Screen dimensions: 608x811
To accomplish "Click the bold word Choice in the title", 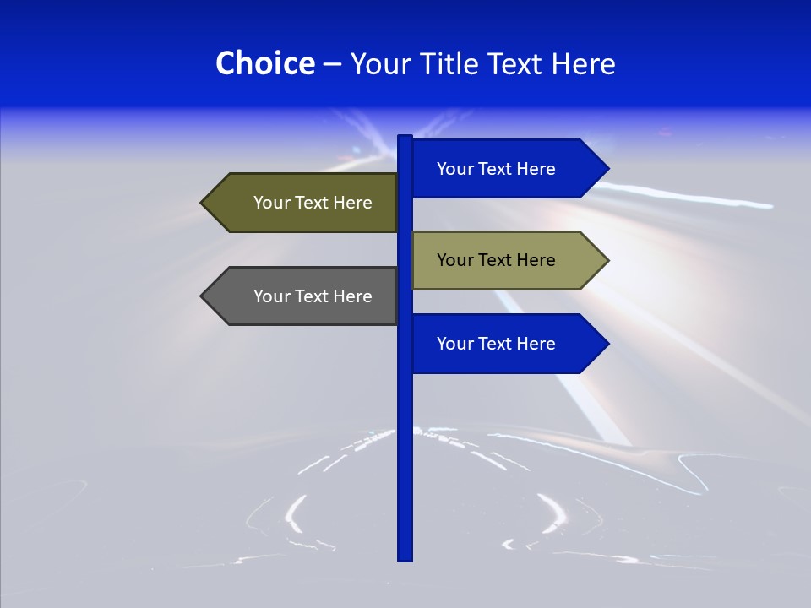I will (264, 63).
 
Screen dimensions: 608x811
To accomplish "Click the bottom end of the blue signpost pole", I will (405, 556).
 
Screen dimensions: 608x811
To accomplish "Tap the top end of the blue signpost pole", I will (405, 138).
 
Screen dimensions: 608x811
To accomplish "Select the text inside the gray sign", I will (313, 296).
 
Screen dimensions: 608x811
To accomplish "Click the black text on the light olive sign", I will (496, 260).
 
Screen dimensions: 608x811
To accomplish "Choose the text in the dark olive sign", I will (313, 203).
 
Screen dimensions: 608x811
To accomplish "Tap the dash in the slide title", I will (332, 64).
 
